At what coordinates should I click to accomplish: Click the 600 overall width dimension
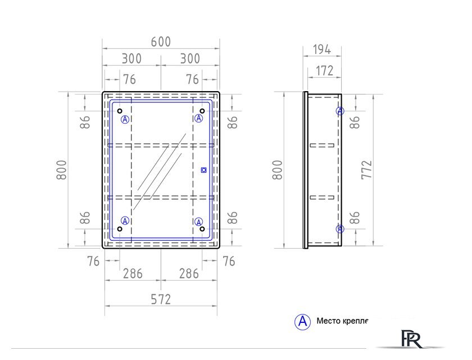(x=161, y=42)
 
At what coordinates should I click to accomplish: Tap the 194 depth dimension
(x=321, y=49)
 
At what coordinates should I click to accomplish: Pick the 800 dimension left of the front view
(x=62, y=169)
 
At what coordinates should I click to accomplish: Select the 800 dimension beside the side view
(x=278, y=169)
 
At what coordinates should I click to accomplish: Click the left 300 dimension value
(x=131, y=58)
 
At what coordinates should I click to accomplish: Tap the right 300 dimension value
(x=190, y=58)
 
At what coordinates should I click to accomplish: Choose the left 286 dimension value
(x=133, y=274)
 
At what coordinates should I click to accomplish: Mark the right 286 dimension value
(x=189, y=274)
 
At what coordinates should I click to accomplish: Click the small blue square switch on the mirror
(x=203, y=169)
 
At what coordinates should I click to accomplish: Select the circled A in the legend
(x=302, y=322)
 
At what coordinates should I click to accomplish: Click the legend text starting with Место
(x=342, y=322)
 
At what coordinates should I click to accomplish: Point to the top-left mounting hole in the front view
(x=120, y=111)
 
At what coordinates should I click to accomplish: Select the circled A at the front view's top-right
(x=198, y=118)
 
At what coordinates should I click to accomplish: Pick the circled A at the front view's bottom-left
(x=125, y=220)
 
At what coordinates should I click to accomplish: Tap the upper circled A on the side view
(x=340, y=111)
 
